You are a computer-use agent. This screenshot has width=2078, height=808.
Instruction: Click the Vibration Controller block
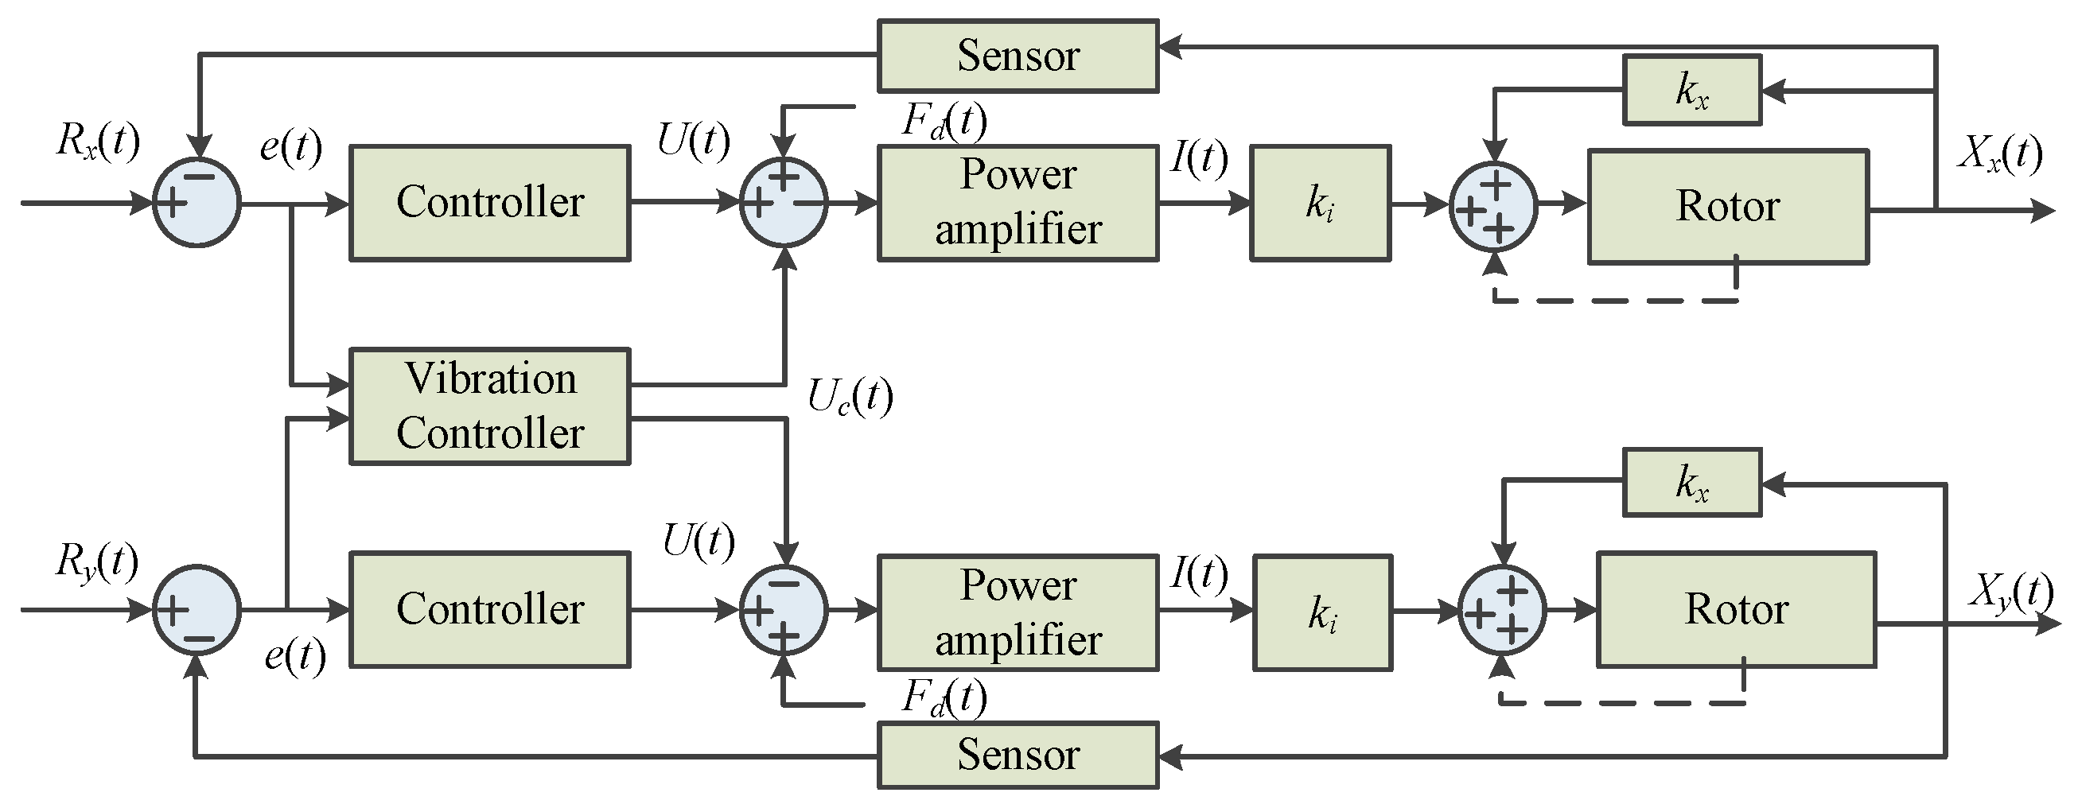coord(489,406)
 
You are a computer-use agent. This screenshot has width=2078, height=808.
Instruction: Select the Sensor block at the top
coord(1018,56)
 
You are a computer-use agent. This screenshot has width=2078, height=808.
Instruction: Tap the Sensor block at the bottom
coord(1018,755)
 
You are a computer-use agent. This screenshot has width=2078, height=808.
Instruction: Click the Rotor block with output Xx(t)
coord(1728,207)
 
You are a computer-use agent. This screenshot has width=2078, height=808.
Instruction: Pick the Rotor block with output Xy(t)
coord(1736,610)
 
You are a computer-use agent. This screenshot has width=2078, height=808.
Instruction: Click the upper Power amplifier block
coord(1018,204)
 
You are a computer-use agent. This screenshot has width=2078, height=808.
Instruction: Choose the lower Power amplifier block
coord(1018,613)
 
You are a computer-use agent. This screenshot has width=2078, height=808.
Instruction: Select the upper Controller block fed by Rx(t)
coord(489,204)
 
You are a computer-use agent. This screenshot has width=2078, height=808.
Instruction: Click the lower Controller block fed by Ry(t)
coord(489,610)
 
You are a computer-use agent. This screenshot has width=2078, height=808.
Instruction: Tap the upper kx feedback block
coord(1691,90)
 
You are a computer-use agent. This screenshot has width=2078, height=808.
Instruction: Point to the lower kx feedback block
coord(1691,482)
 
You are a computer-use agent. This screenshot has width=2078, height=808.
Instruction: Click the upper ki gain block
coord(1320,204)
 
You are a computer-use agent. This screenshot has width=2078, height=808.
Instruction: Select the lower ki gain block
coord(1322,613)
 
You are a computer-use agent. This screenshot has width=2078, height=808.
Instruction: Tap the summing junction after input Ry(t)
coord(197,610)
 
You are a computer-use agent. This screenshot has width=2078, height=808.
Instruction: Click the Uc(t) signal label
coord(850,397)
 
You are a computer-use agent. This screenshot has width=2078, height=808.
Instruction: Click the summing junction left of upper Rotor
coord(1493,207)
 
